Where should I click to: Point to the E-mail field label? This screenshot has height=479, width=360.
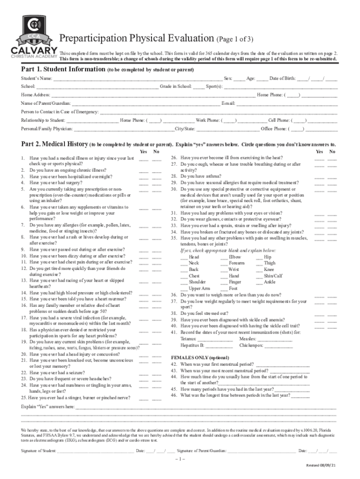click(x=228, y=103)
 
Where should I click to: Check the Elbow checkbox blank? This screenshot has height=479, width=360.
click(x=224, y=257)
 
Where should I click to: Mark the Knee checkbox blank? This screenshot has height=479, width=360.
click(x=259, y=270)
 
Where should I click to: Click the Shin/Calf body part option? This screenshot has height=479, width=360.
click(x=273, y=276)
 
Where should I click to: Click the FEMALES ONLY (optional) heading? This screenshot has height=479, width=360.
click(x=200, y=357)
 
